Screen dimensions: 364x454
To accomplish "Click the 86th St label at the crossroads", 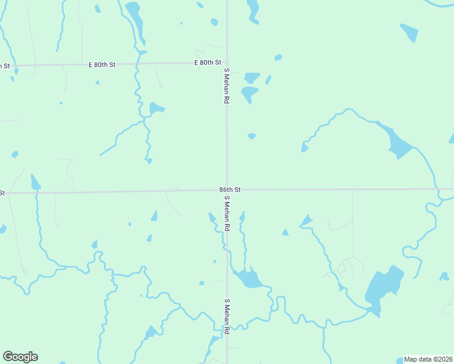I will (230, 190).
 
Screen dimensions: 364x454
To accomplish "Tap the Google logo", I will (20, 357).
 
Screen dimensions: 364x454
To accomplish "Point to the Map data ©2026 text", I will (428, 359).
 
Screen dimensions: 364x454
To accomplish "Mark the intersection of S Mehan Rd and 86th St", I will (227, 190).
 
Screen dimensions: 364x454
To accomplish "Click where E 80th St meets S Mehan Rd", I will (227, 62).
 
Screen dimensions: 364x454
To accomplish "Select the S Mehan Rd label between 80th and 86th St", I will (226, 86).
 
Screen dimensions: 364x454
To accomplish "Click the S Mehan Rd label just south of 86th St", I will (226, 213).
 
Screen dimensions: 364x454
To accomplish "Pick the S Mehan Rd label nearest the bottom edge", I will (226, 316).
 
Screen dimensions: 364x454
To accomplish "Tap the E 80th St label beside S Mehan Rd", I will (207, 62).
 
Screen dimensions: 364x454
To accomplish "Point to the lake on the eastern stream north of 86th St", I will (398, 143).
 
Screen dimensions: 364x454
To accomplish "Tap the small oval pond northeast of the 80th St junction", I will (278, 58).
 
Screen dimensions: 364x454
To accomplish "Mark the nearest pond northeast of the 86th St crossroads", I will (251, 136).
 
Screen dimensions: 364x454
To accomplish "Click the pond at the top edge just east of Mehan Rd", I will (252, 8).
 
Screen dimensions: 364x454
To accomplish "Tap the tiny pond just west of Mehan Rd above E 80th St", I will (214, 22).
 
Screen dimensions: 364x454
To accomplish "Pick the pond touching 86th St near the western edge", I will (35, 182).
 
